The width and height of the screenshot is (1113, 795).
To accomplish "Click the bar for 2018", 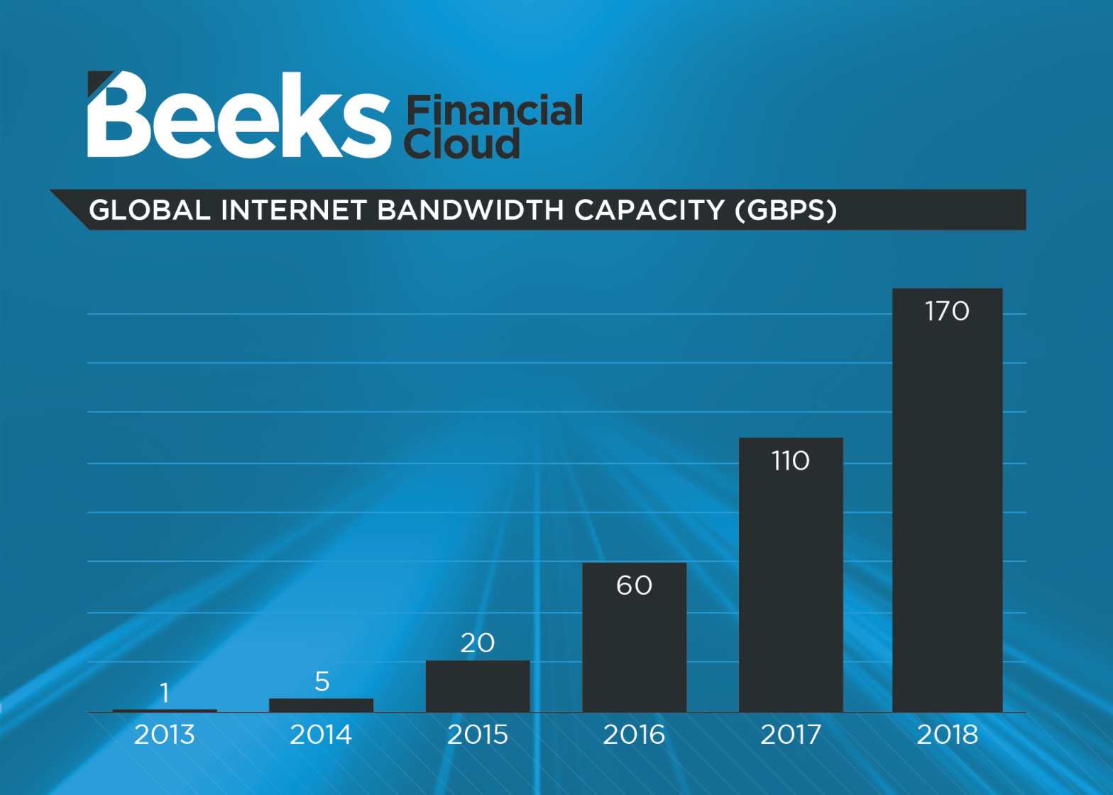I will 947,512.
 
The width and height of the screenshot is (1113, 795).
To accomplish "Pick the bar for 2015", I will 478,686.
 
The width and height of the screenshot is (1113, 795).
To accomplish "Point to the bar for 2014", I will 321,705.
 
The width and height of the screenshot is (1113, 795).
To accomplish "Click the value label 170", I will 947,311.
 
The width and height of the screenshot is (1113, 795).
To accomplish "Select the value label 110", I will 791,461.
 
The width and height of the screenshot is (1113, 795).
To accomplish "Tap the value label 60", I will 634,585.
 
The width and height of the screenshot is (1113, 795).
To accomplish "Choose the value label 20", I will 478,643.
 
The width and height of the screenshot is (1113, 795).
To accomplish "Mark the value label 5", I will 322,681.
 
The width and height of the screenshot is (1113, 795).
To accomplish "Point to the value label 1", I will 165,693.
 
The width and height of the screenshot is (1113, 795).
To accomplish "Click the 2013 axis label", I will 165,735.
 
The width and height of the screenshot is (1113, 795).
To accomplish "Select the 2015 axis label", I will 478,735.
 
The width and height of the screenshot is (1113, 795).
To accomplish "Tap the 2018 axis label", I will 947,735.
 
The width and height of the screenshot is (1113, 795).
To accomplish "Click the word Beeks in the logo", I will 238,116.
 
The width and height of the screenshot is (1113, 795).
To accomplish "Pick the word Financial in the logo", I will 495,111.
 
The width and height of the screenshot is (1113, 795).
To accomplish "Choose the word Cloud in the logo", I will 462,144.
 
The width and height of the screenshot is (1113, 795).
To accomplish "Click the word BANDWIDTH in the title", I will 471,210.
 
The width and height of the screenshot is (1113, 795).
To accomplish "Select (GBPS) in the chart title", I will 786,210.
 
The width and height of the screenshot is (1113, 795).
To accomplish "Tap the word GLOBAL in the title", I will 150,210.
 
